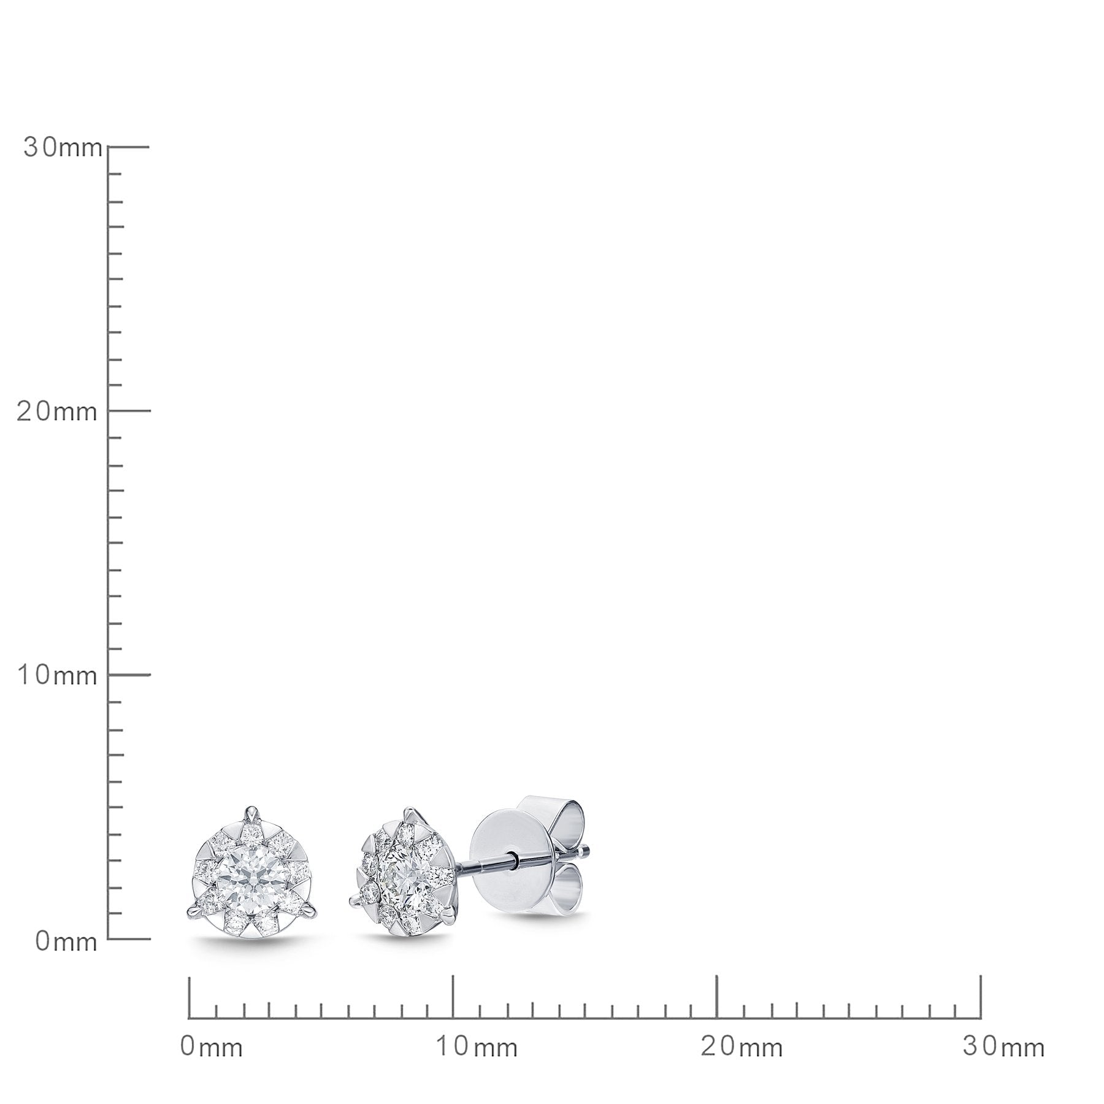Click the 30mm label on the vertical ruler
63,148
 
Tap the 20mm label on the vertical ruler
57,412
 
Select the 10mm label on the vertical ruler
57,675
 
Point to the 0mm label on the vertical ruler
66,941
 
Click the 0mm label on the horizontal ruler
212,1047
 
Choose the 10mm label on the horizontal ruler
477,1047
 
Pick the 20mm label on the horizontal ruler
742,1047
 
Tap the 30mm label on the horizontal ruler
1004,1047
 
